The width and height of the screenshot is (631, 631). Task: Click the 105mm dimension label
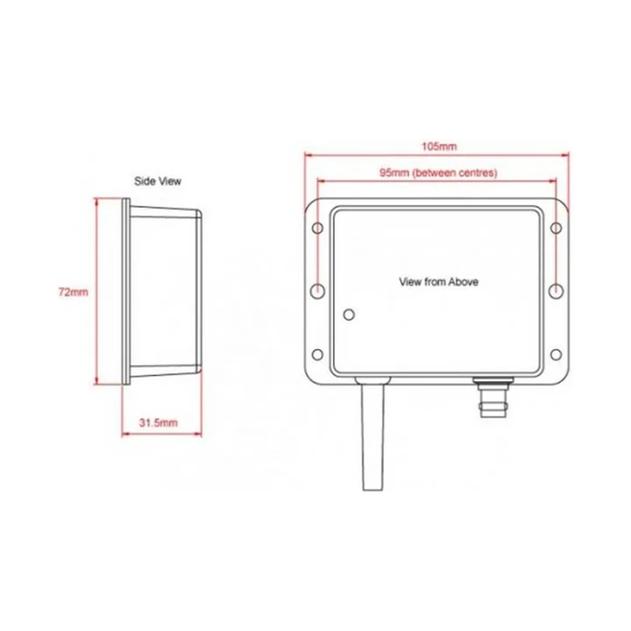coord(439,146)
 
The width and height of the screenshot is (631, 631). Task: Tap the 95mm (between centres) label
coord(438,172)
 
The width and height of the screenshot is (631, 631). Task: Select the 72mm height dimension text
coord(73,292)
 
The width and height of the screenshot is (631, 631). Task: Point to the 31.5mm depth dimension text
coord(158,423)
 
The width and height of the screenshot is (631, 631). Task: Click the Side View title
coord(158,181)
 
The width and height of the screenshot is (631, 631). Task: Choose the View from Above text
coord(439,282)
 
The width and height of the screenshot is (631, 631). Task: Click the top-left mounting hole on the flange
coord(317,228)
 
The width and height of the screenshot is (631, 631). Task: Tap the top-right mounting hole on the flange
coord(556,228)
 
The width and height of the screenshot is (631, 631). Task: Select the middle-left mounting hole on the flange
coord(317,291)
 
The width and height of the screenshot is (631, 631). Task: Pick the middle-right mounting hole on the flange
coord(556,291)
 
